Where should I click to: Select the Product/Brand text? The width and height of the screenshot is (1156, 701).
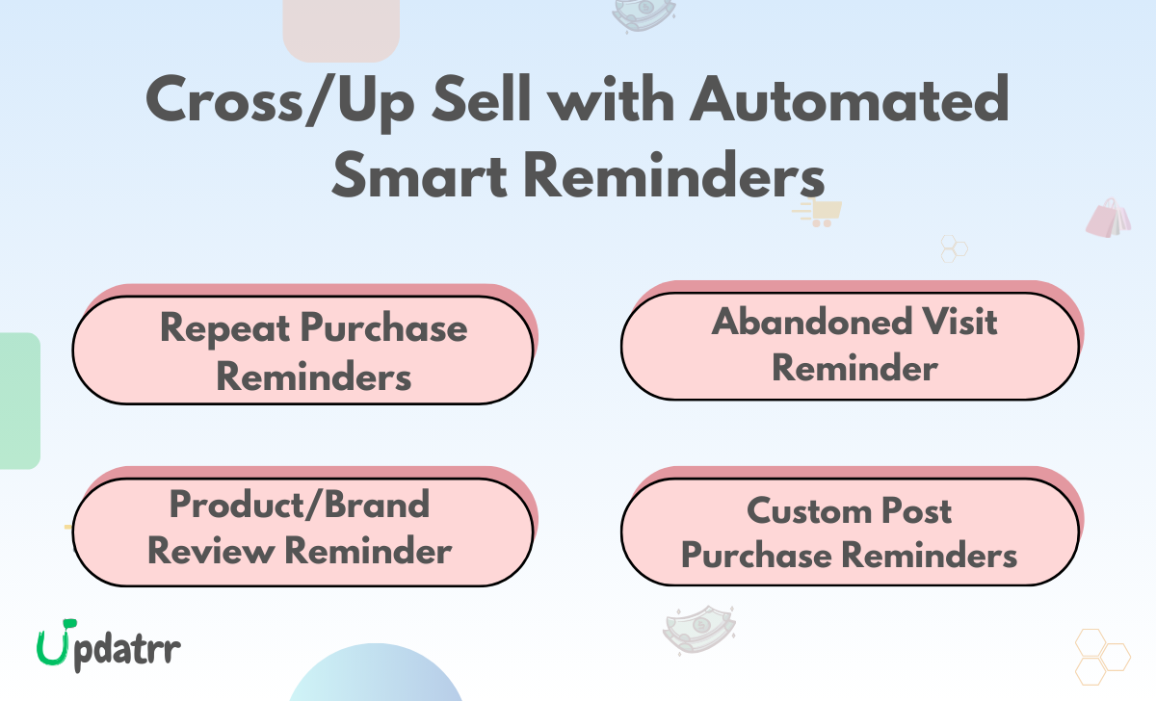tap(300, 504)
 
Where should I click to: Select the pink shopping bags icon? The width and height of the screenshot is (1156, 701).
tap(1109, 219)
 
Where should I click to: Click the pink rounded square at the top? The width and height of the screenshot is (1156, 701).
tap(340, 29)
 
